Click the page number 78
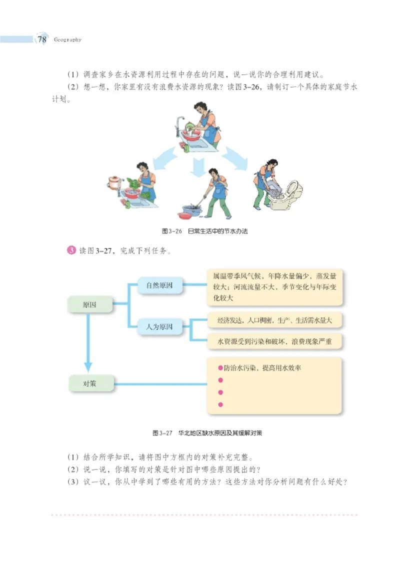tap(41, 39)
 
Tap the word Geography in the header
tap(66, 40)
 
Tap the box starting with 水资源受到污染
tap(274, 342)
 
